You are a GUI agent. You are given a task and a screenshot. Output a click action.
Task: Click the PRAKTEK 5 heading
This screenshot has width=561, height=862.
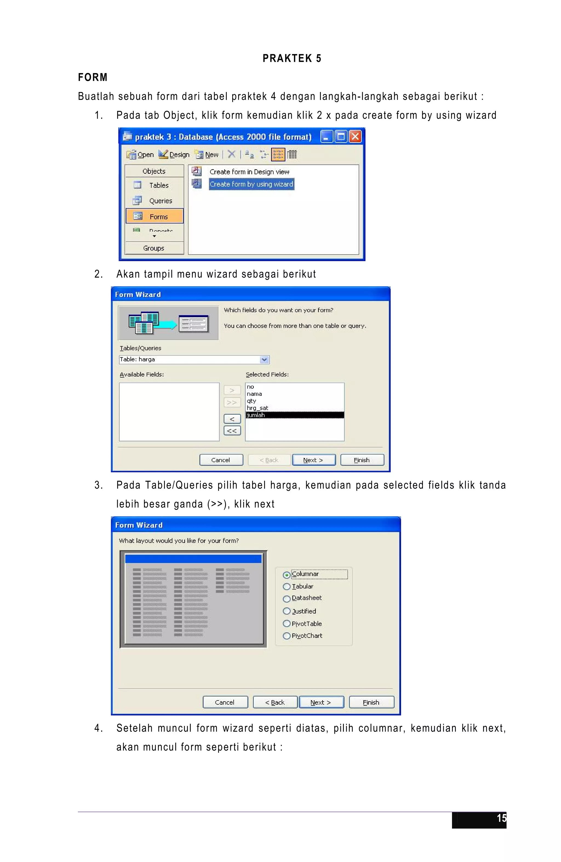click(x=292, y=58)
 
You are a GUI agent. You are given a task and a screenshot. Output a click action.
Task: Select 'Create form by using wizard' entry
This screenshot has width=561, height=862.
click(x=251, y=184)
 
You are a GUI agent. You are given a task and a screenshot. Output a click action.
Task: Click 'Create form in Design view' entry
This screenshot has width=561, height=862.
click(x=249, y=172)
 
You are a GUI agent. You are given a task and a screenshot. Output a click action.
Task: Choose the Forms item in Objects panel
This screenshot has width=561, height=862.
click(x=155, y=216)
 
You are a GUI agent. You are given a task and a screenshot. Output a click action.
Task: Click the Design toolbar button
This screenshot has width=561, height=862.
click(x=174, y=155)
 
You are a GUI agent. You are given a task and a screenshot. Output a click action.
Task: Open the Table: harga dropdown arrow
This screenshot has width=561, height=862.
click(x=264, y=359)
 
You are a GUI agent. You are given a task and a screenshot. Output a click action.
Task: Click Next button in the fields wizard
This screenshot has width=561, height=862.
click(x=313, y=460)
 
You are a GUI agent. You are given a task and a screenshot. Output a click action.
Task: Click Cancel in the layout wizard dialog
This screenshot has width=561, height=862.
click(x=225, y=702)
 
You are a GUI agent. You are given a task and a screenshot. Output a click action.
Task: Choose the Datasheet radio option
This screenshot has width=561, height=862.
click(x=287, y=599)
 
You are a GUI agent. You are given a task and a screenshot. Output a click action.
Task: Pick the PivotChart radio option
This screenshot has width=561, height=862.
click(x=287, y=636)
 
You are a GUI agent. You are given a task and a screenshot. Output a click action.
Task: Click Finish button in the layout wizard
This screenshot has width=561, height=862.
click(x=371, y=702)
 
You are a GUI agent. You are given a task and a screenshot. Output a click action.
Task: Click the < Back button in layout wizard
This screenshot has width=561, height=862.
click(x=275, y=702)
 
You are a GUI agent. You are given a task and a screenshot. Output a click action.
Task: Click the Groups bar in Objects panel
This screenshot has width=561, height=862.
click(x=154, y=248)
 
